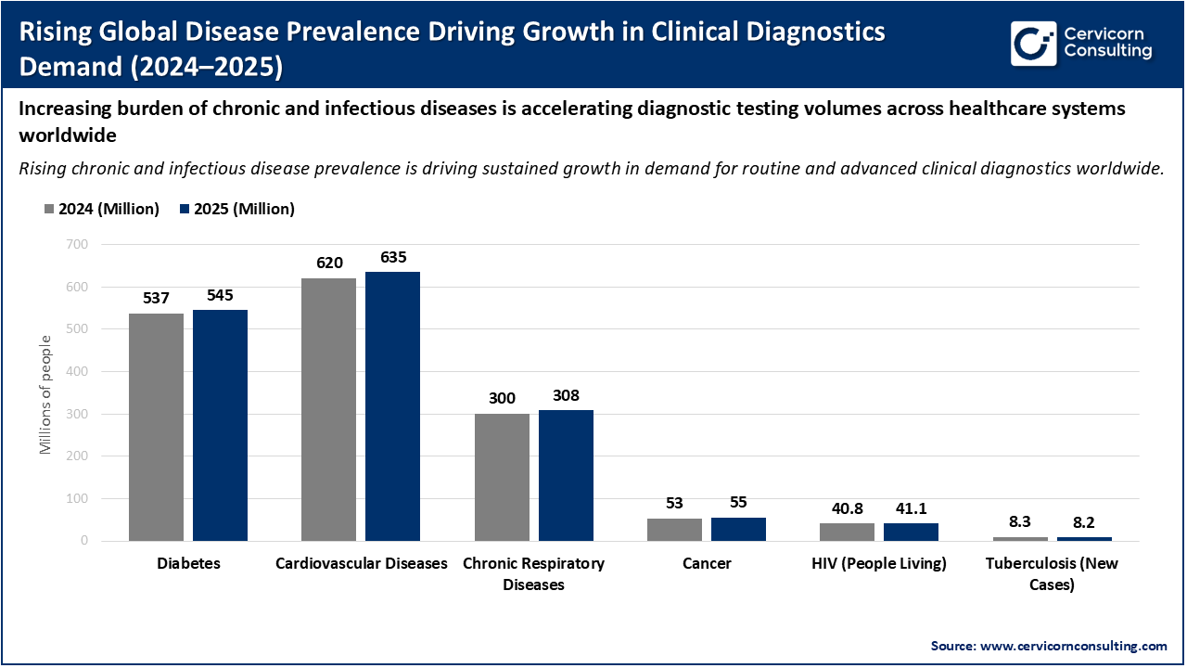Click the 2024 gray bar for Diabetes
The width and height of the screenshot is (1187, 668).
pos(156,427)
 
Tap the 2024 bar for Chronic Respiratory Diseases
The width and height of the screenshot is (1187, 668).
pos(502,477)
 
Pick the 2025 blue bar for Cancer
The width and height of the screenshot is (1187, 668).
pos(738,529)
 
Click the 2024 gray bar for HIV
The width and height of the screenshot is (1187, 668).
pos(847,532)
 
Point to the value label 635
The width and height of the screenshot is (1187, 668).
pos(392,257)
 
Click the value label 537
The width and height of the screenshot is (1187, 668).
pos(156,299)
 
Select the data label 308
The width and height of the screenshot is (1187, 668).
pos(566,395)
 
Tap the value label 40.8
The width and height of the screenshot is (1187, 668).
pos(847,508)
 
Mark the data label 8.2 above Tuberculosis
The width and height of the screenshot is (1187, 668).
pos(1084,522)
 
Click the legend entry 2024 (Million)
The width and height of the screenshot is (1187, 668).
pos(102,209)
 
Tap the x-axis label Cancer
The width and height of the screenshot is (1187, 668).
pos(706,563)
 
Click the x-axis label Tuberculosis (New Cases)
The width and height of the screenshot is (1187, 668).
pos(1052,573)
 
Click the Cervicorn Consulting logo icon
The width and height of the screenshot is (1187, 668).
pos(1032,43)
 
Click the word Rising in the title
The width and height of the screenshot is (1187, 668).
pos(53,32)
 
